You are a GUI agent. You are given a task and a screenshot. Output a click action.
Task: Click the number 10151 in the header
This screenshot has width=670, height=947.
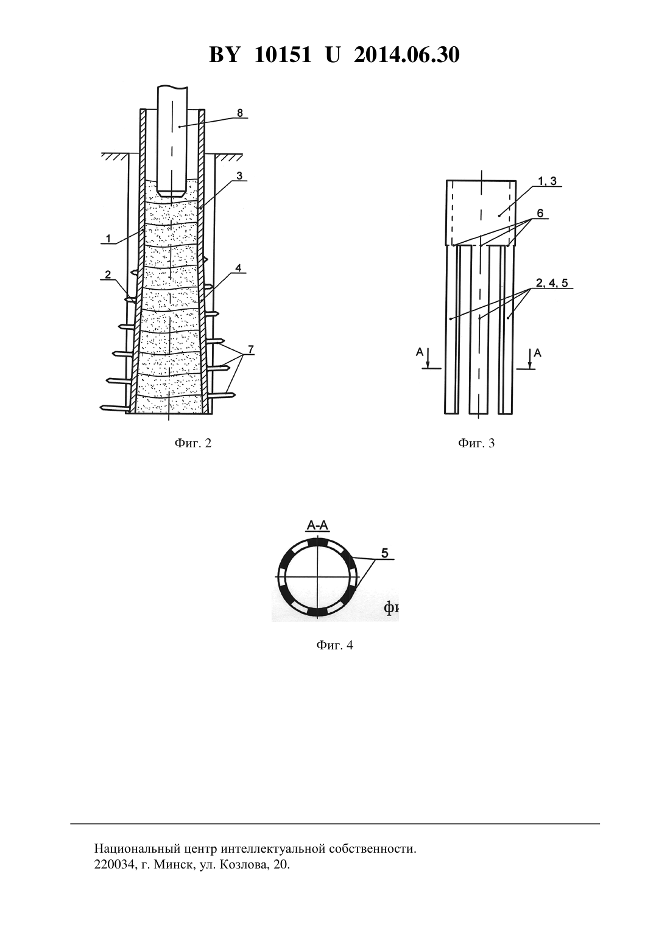[x=283, y=55]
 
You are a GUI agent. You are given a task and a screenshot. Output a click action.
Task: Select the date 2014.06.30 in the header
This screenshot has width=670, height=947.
[x=406, y=55]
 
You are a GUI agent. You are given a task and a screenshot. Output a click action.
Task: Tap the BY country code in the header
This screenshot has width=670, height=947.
[x=224, y=55]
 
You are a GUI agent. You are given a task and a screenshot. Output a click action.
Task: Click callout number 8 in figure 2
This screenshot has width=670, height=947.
[x=240, y=113]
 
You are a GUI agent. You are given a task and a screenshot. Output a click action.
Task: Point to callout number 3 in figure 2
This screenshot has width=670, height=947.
[x=239, y=176]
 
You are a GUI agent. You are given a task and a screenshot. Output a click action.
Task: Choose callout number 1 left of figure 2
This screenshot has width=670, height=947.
[x=108, y=239]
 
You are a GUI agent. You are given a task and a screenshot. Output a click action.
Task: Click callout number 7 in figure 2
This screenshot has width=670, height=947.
[x=251, y=349]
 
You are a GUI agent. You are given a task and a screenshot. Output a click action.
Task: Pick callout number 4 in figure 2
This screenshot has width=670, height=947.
[x=238, y=268]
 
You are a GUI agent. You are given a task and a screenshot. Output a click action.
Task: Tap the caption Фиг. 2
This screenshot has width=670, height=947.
[x=193, y=443]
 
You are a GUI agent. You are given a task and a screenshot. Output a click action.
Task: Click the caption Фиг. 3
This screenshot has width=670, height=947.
[x=476, y=443]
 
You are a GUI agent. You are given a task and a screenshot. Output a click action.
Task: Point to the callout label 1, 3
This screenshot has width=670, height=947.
[x=548, y=181]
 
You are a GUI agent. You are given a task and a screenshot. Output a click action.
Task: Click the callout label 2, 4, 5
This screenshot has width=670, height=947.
[x=552, y=283]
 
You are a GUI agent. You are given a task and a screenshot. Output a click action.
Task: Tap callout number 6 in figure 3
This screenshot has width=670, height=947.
[x=540, y=214]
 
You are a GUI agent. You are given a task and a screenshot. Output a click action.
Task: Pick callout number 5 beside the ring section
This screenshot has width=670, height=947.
[x=385, y=553]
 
